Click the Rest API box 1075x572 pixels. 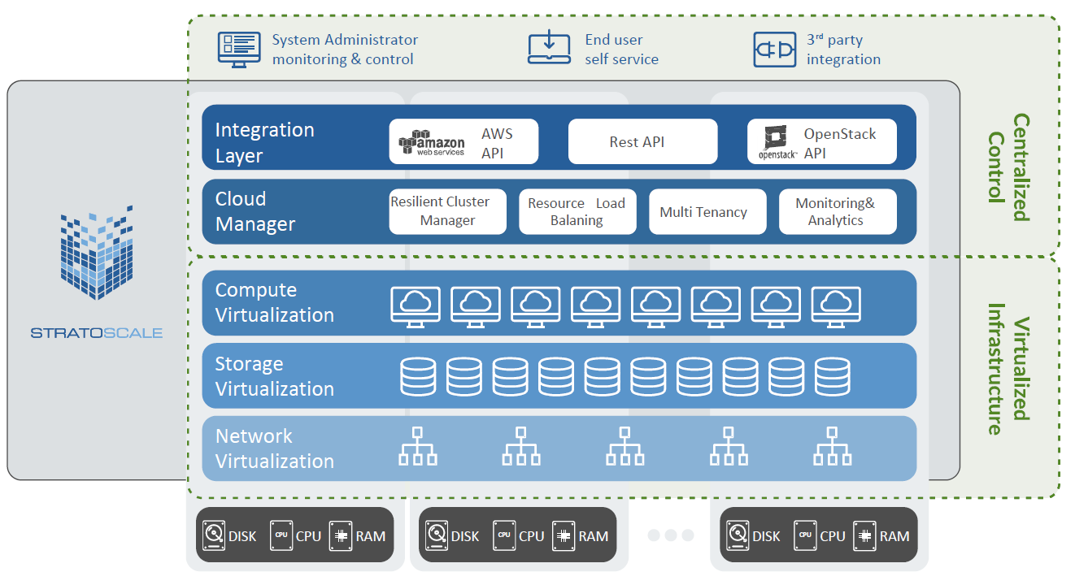(642, 142)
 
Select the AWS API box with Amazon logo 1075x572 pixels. (464, 142)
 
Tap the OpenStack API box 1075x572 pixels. (822, 142)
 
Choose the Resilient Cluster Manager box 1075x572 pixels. (447, 211)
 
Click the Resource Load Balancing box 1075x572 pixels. (577, 211)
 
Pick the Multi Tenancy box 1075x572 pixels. (707, 211)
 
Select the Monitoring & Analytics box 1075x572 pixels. (838, 211)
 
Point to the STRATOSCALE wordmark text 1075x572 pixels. (96, 332)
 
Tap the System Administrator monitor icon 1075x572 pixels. (238, 49)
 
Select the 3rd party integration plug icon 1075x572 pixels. (774, 50)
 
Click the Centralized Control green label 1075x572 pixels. (1009, 167)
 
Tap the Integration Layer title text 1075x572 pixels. (264, 142)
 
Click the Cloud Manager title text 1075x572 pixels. (255, 211)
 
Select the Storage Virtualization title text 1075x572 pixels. (274, 376)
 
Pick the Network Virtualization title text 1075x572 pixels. (274, 448)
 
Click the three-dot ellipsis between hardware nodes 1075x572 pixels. (671, 535)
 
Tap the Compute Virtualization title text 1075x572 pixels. (274, 302)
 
